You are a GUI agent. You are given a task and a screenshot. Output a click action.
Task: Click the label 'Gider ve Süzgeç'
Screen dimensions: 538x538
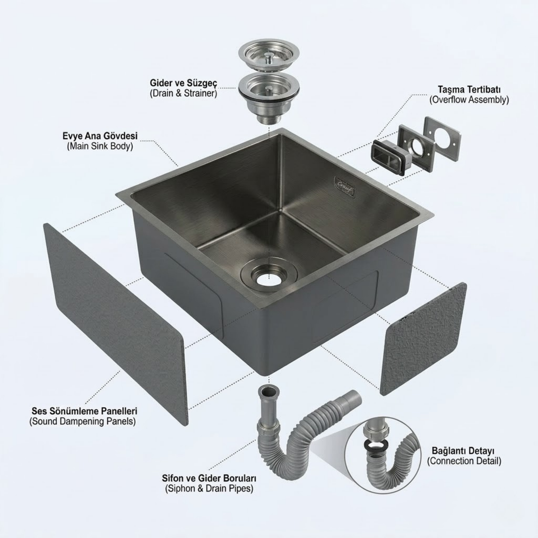(183, 83)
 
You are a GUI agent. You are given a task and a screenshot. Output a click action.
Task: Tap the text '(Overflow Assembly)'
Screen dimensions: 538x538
(469, 100)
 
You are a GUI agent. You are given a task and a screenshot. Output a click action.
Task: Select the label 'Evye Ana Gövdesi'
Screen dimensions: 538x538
(100, 136)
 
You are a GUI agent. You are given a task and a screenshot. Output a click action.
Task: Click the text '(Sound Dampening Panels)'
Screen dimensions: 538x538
(82, 421)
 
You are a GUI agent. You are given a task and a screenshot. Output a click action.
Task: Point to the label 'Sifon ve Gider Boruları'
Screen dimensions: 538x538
(209, 478)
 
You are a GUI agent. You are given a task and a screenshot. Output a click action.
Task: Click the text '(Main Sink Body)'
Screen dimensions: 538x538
(100, 146)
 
